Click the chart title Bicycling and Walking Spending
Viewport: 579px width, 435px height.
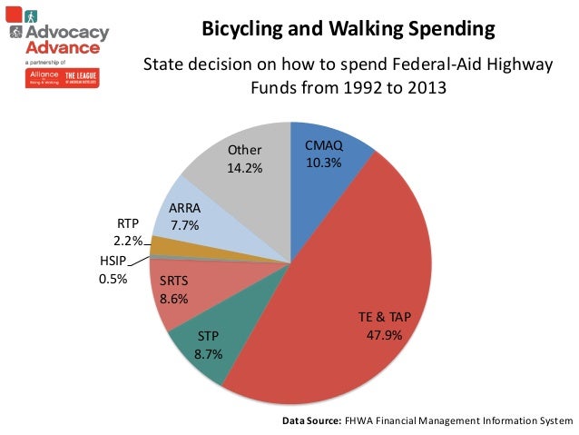(348, 29)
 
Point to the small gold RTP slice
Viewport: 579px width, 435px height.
(163, 245)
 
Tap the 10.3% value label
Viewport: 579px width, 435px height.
(323, 163)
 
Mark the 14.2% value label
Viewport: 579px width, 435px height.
(244, 167)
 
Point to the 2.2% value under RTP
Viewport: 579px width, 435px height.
(127, 241)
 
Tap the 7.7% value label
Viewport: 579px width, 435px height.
(185, 224)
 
